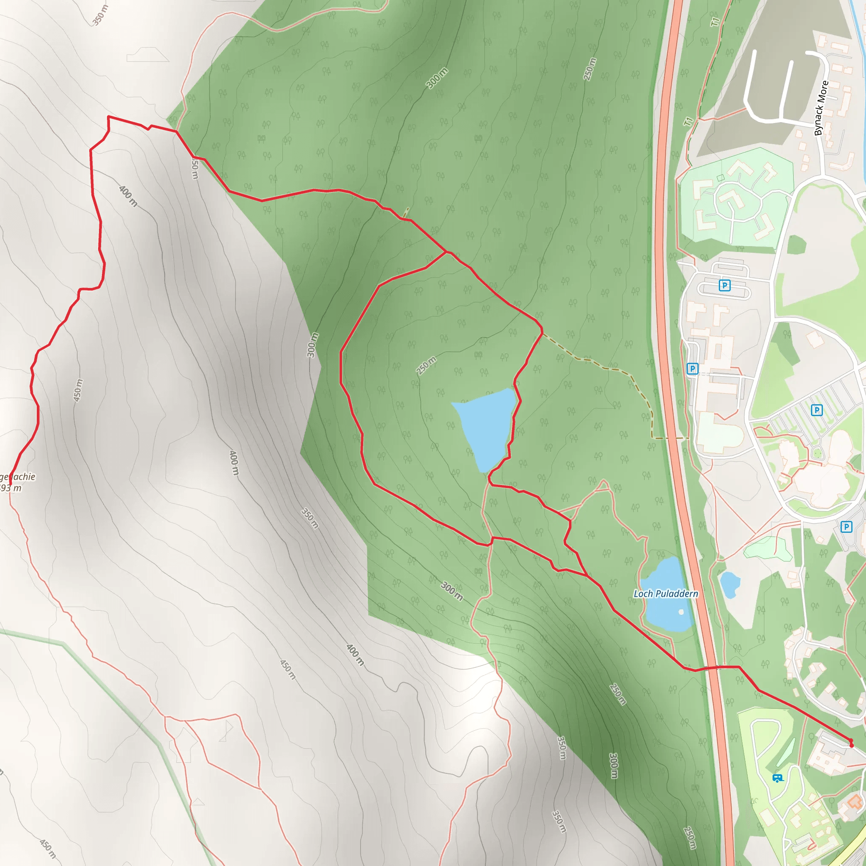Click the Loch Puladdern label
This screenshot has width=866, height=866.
666,594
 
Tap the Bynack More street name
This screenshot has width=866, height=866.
821,108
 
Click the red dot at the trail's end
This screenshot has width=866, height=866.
851,745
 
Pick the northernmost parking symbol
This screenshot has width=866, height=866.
724,285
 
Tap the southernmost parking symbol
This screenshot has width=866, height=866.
846,527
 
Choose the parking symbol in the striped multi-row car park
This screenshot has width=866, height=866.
817,410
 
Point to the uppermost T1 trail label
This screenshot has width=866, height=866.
715,21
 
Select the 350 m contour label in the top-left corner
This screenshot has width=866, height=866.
100,15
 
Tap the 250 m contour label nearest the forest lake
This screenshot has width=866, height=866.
426,366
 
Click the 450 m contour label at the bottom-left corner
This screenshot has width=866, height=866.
47,849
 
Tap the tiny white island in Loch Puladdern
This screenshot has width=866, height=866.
681,612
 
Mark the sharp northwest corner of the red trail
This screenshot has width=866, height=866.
109,117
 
